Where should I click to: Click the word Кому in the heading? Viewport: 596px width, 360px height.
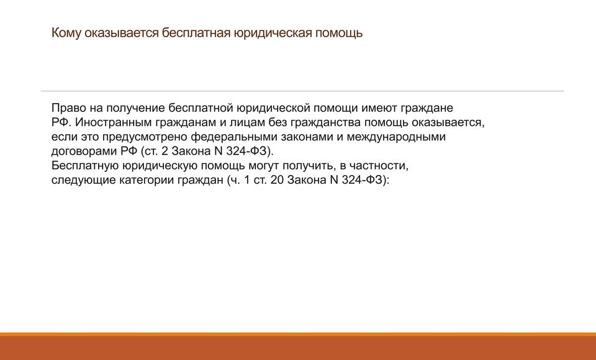(66, 33)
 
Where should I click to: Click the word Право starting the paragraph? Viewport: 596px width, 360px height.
(69, 109)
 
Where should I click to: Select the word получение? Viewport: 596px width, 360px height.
(135, 109)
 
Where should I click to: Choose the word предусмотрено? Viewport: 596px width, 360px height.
(145, 137)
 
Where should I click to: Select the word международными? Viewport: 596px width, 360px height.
(395, 137)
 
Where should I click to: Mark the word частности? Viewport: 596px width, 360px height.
(379, 166)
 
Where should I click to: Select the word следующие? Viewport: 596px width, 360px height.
(84, 180)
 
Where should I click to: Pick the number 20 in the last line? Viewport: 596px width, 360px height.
(277, 180)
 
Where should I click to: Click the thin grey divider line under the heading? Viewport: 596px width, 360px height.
(302, 91)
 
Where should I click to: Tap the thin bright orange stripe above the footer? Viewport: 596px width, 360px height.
(298, 335)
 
